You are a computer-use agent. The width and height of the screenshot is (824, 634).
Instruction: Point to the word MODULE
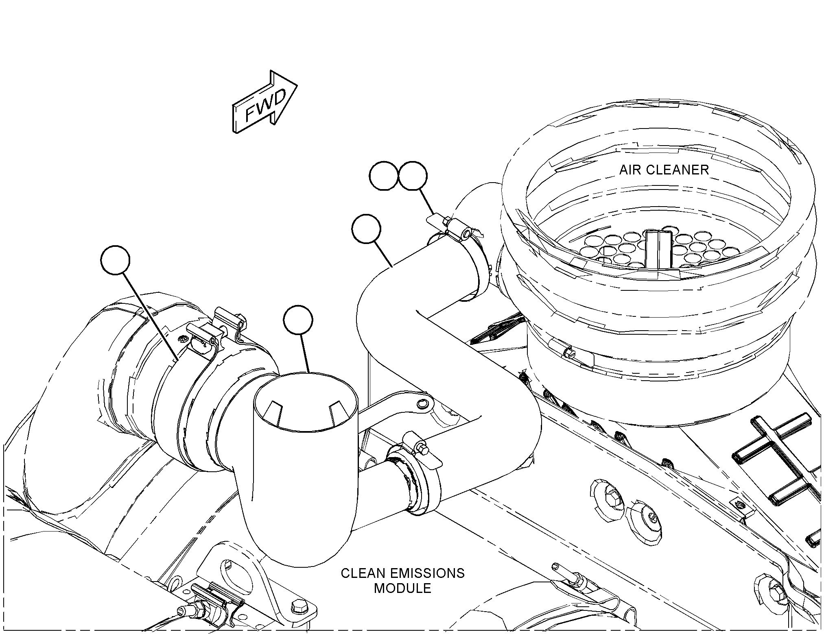point(402,588)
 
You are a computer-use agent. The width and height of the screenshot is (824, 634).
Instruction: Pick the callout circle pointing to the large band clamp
point(116,260)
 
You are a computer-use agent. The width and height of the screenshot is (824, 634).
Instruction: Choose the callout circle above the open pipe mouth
point(299,320)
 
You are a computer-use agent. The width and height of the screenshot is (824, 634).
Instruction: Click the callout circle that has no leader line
point(383,176)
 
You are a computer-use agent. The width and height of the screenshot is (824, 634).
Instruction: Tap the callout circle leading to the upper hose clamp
point(413,176)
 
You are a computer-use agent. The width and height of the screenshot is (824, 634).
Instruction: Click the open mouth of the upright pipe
point(306,403)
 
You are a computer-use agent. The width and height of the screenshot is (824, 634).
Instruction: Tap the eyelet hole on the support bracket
point(423,403)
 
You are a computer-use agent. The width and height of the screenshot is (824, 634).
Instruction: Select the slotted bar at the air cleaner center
point(658,249)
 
